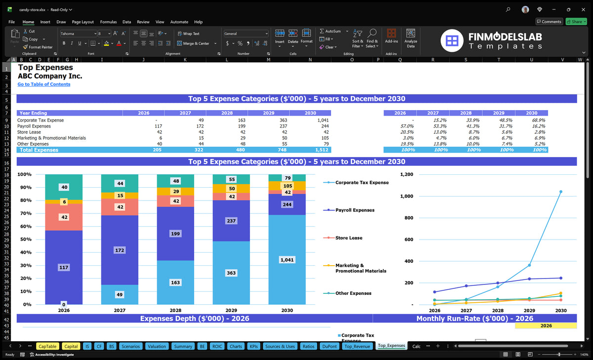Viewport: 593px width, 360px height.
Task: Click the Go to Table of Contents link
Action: (x=44, y=84)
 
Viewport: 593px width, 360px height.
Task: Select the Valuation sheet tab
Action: (x=157, y=346)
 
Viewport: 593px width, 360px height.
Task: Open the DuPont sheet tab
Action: (x=329, y=346)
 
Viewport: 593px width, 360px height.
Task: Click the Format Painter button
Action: (x=38, y=47)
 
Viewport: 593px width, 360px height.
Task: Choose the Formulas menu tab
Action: (x=108, y=22)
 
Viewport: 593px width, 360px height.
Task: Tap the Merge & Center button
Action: (x=197, y=43)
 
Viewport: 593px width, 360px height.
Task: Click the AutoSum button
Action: (x=331, y=31)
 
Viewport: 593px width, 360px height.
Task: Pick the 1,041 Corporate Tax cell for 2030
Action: (x=323, y=120)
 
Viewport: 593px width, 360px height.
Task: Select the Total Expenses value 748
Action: (x=282, y=150)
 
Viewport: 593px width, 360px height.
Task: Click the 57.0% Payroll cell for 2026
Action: (x=407, y=126)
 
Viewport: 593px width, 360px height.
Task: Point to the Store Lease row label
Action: (x=29, y=132)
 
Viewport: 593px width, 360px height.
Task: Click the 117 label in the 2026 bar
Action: (x=64, y=268)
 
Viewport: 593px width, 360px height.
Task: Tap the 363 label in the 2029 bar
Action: (x=231, y=273)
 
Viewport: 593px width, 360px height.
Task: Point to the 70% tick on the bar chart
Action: (x=26, y=213)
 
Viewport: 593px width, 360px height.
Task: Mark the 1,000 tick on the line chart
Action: (x=407, y=196)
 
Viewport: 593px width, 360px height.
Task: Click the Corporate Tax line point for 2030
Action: (x=561, y=192)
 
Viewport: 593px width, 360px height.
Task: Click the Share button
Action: (x=576, y=22)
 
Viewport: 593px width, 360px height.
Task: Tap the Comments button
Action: (x=550, y=22)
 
